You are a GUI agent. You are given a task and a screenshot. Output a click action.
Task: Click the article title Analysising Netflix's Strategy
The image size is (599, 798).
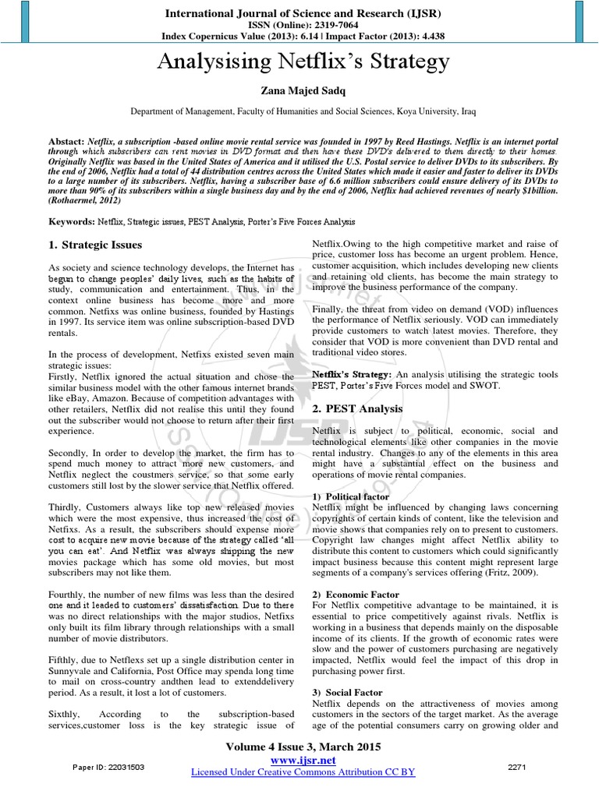coord(303,61)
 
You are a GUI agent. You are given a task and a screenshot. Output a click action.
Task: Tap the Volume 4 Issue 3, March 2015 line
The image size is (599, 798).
coord(303,747)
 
